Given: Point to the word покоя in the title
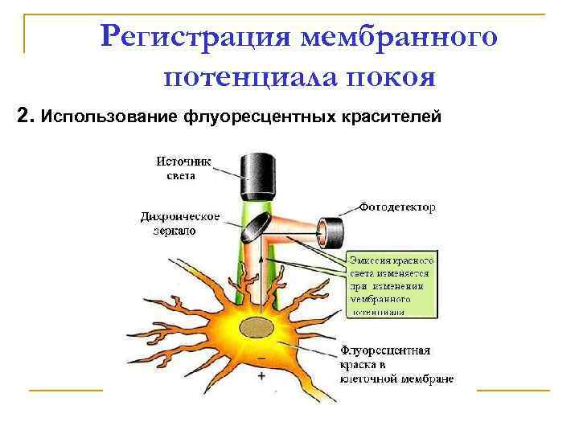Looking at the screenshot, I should coord(390,78).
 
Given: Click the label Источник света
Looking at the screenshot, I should coord(183,168).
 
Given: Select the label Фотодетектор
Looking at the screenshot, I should coord(398,207).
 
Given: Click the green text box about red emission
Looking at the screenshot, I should coord(390,285).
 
